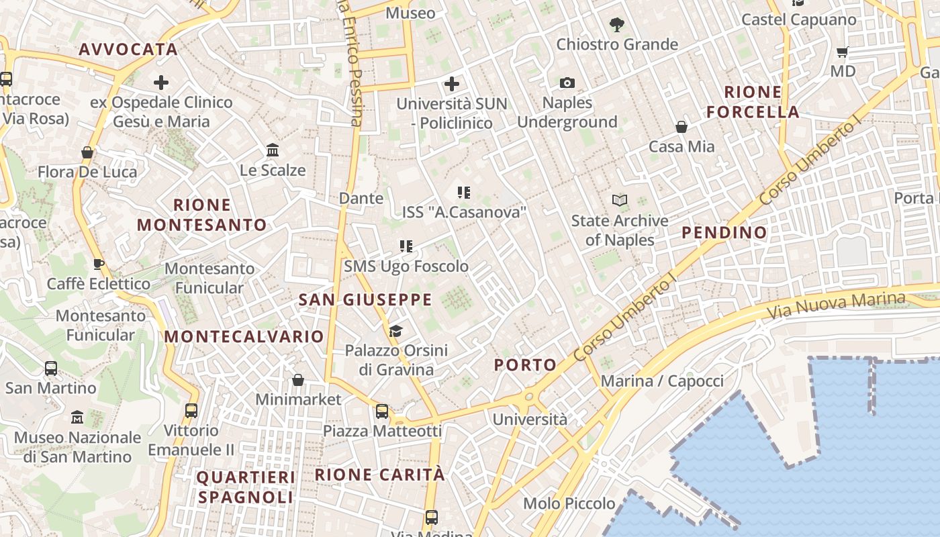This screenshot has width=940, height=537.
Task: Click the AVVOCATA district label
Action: point(128,50)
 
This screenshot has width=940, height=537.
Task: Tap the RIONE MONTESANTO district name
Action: point(202,215)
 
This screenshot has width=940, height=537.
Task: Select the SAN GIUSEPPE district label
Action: point(365,300)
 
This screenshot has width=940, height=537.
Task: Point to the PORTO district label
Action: point(526,365)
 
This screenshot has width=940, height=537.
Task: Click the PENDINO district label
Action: point(724,233)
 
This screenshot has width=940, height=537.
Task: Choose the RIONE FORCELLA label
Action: point(753,102)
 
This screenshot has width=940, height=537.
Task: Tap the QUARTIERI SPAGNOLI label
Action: point(246,487)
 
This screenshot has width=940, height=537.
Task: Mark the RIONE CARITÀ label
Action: point(380,475)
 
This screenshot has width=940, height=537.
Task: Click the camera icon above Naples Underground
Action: point(567,83)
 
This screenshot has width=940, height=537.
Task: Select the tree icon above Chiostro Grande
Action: point(617,26)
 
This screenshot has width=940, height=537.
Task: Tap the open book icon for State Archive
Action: point(619,200)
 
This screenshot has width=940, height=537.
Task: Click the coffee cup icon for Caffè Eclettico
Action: point(98,264)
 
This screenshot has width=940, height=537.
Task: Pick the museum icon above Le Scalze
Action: point(273,150)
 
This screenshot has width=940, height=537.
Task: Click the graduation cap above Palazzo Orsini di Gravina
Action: point(395,331)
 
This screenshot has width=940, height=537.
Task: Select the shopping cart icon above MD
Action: point(843,52)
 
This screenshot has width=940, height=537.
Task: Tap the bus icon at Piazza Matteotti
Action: point(382,411)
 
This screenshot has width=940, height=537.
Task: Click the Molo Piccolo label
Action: point(569,503)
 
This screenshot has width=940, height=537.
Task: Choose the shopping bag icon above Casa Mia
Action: point(681,127)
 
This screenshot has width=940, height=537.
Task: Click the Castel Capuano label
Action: point(798,19)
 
